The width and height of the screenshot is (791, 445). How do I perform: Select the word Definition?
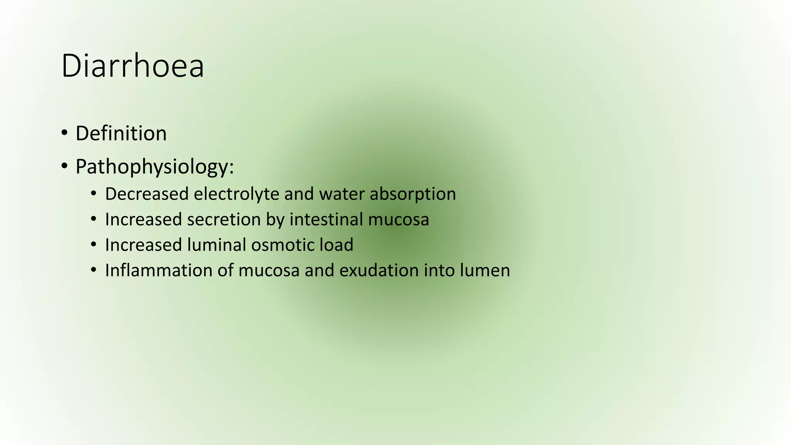(121, 134)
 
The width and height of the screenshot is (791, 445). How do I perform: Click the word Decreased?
(146, 194)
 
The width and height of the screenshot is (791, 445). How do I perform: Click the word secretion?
(224, 219)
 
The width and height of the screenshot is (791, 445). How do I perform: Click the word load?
(336, 245)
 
